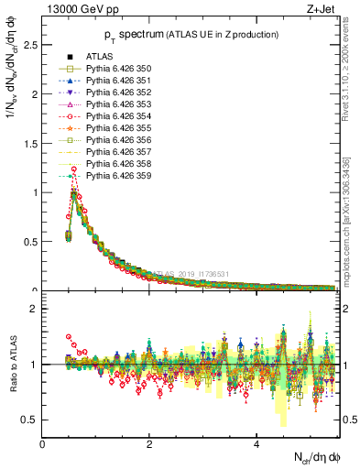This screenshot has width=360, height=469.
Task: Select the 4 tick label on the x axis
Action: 256,445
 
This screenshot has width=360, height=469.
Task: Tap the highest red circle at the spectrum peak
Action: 73,169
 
